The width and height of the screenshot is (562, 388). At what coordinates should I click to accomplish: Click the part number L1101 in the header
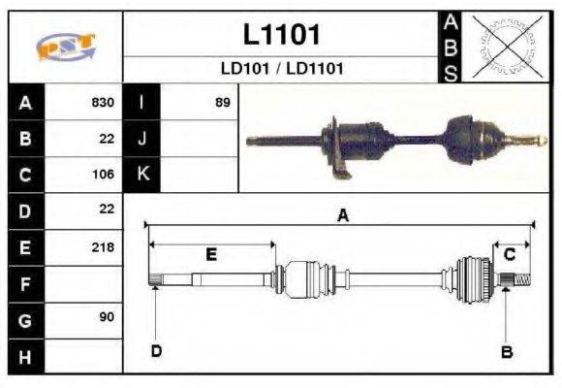(x=281, y=35)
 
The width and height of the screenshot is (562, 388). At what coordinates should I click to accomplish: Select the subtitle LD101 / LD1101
(x=281, y=70)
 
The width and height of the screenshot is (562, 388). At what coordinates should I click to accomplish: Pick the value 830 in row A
(x=103, y=102)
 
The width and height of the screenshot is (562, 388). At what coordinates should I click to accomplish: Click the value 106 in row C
(x=103, y=174)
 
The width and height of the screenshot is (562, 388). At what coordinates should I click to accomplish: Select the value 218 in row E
(x=103, y=246)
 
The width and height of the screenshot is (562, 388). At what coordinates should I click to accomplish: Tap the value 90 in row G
(x=106, y=318)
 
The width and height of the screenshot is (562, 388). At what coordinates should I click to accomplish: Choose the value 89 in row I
(x=222, y=102)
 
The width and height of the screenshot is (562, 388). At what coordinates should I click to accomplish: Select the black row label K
(x=141, y=174)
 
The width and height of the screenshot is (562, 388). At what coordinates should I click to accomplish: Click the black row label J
(x=141, y=138)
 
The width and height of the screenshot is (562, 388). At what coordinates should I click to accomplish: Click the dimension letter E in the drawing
(x=211, y=254)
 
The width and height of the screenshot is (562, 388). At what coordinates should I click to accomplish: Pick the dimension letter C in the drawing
(x=509, y=254)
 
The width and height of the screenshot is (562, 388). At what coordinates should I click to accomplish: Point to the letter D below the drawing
(x=155, y=350)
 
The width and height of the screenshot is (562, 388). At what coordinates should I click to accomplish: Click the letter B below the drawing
(x=506, y=351)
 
